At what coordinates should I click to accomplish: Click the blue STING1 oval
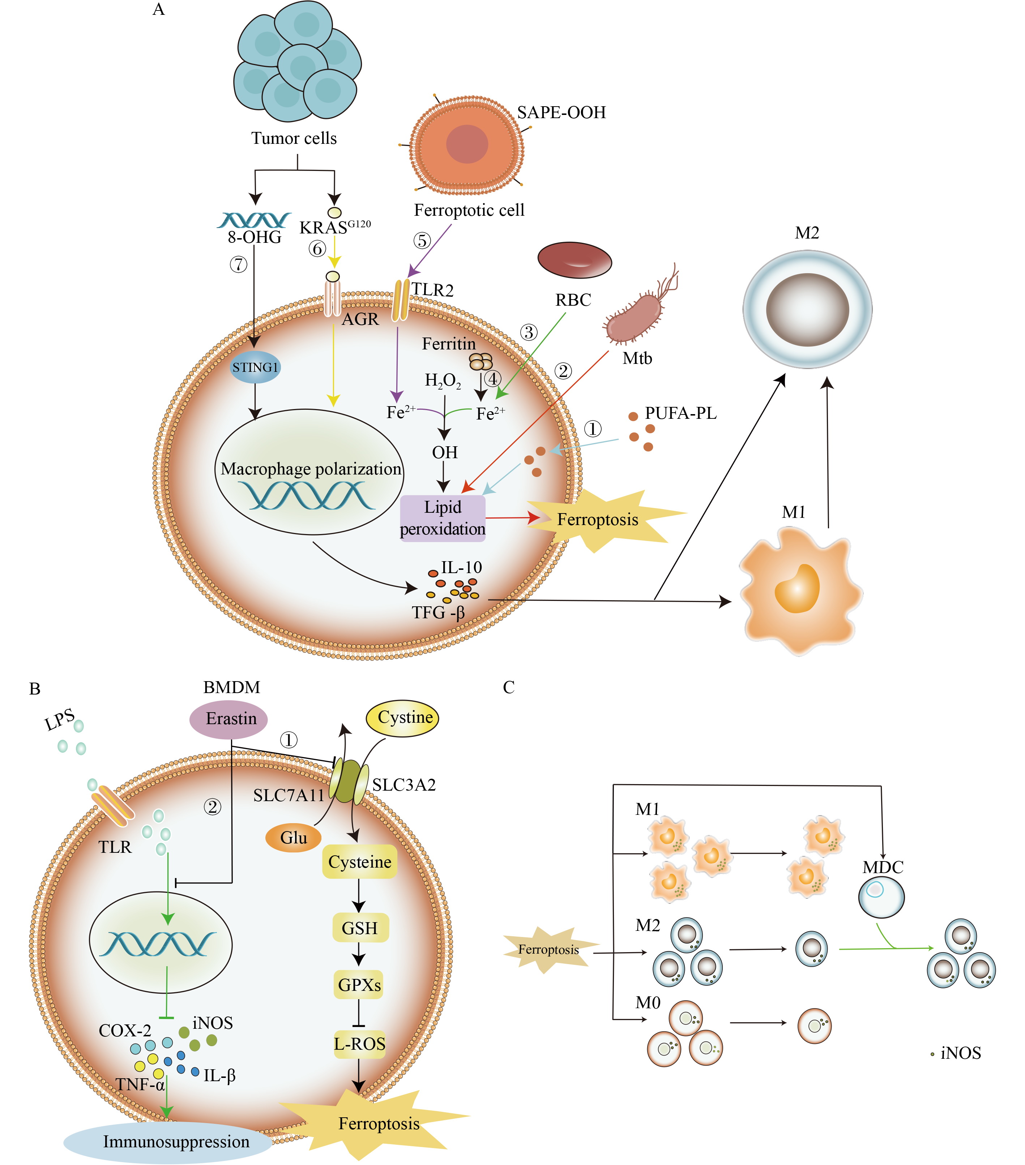(255, 367)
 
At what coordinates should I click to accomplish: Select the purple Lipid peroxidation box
(443, 518)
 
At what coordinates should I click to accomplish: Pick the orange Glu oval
(293, 838)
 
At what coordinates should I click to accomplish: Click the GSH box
(359, 928)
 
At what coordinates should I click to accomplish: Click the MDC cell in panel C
(881, 897)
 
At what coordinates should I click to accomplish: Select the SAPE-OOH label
(561, 113)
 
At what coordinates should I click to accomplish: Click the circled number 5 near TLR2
(422, 241)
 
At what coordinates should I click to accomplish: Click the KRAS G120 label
(335, 227)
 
